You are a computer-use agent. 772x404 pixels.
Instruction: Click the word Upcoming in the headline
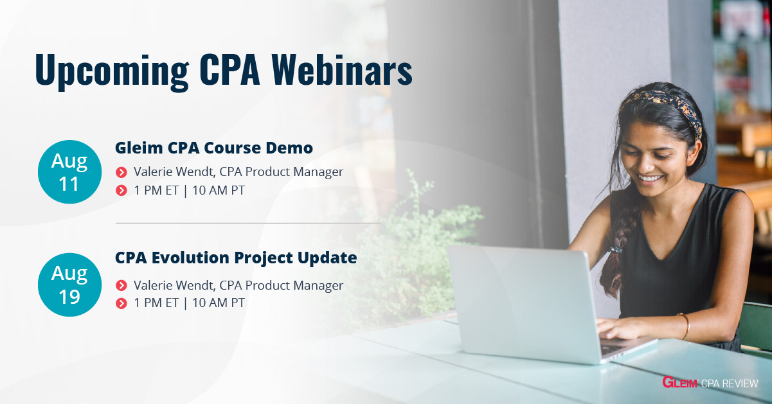click(x=112, y=71)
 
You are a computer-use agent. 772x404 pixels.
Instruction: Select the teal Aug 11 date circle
click(x=69, y=171)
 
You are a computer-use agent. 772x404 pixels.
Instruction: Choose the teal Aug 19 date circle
click(x=69, y=285)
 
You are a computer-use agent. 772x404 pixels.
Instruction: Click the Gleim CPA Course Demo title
click(x=214, y=148)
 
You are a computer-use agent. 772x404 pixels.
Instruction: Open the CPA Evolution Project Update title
click(x=236, y=258)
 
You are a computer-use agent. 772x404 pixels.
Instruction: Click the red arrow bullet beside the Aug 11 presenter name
click(x=121, y=172)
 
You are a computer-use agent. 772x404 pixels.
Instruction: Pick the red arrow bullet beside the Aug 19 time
click(x=121, y=303)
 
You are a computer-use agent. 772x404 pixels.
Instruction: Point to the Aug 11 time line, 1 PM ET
click(x=156, y=190)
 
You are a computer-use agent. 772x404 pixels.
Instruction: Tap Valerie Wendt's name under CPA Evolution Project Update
click(x=175, y=285)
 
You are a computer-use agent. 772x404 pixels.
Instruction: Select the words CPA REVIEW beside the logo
click(x=730, y=383)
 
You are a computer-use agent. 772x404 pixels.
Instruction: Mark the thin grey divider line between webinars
click(x=248, y=223)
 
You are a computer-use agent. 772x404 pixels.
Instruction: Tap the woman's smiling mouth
click(x=650, y=179)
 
